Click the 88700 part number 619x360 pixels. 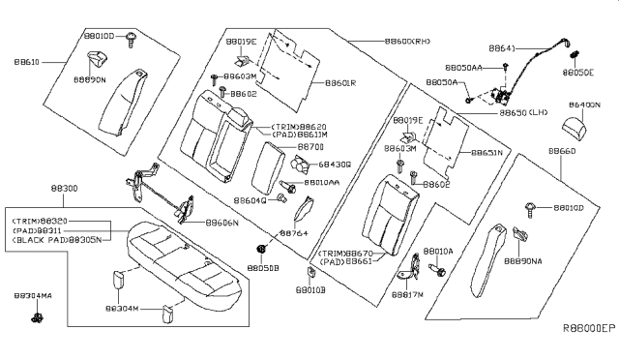point(310,147)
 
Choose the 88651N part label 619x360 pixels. point(488,153)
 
